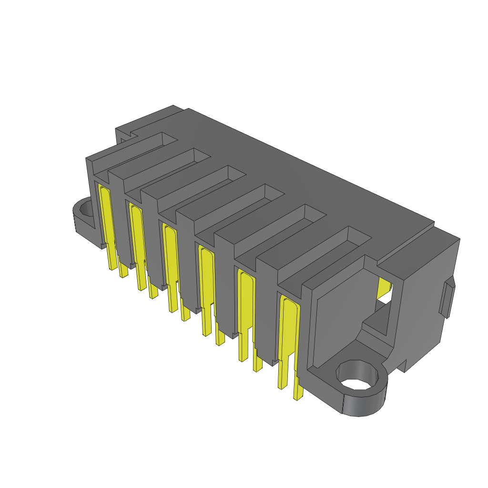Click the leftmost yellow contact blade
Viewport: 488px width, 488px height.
pos(107,224)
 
